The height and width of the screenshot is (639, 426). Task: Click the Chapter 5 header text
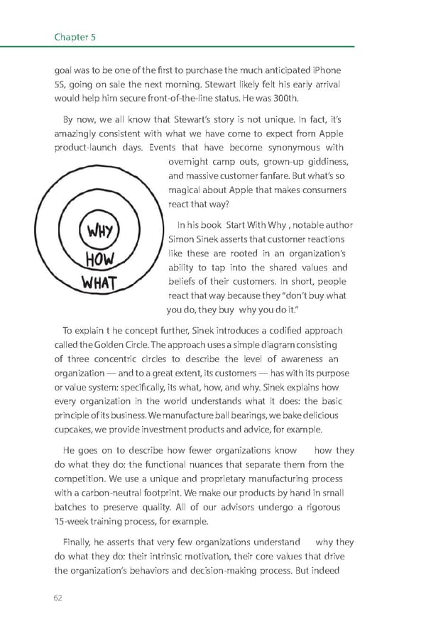click(75, 36)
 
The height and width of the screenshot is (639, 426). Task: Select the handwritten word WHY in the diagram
click(104, 231)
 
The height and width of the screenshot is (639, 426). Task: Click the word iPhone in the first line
click(324, 70)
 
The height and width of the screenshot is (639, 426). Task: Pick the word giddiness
click(328, 162)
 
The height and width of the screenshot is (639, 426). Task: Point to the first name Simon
click(183, 239)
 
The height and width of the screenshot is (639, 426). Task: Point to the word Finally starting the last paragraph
click(78, 542)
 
